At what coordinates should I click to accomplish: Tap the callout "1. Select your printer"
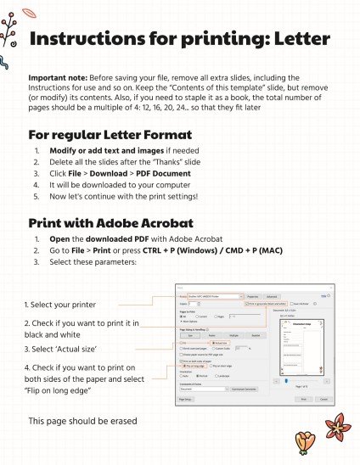pyautogui.click(x=59, y=304)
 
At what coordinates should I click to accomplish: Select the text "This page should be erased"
pyautogui.click(x=82, y=421)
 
